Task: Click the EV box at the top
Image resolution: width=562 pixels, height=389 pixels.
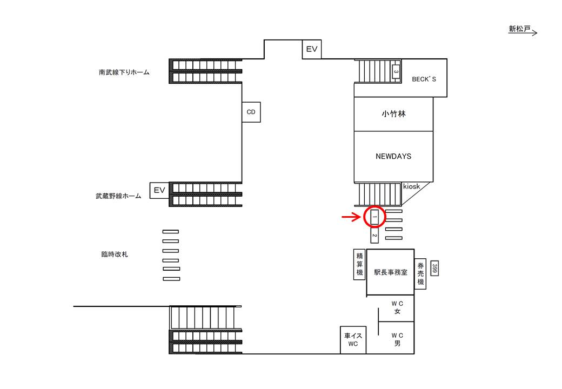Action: (311, 49)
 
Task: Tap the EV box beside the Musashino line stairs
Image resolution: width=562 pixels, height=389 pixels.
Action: (159, 190)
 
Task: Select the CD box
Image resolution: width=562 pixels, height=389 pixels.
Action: (251, 112)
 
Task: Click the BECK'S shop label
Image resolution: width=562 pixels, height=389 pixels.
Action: (424, 79)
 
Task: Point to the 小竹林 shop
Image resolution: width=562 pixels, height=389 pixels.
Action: (393, 114)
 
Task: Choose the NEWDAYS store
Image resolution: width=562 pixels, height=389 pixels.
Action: (393, 157)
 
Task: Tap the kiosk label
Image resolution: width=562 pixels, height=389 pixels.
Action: (411, 186)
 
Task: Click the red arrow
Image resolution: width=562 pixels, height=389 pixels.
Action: (351, 217)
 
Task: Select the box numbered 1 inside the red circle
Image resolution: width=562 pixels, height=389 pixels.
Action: (374, 217)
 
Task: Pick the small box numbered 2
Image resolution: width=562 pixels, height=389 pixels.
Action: (374, 236)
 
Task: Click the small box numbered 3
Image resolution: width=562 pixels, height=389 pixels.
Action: (396, 72)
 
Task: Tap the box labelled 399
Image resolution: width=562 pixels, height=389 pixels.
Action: (434, 269)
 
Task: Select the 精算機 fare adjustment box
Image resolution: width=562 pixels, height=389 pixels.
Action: (359, 264)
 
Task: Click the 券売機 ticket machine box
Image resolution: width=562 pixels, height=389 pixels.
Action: (420, 274)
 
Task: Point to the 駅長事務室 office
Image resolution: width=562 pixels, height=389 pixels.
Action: (390, 272)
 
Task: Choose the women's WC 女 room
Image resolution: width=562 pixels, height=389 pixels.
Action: (397, 308)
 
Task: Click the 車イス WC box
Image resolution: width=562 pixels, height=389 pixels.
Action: (353, 340)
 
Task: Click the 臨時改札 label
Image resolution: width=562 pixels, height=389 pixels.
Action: (115, 254)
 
